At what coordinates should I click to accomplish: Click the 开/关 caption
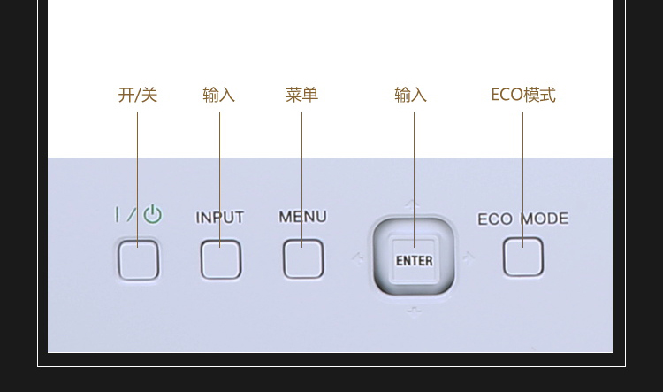pyautogui.click(x=138, y=95)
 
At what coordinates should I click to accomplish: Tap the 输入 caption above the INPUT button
pyautogui.click(x=219, y=95)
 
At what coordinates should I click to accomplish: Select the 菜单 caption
pyautogui.click(x=302, y=95)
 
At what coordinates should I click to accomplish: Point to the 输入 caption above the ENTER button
pyautogui.click(x=410, y=95)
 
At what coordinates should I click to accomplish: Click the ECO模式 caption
pyautogui.click(x=523, y=95)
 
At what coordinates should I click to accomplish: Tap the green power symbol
pyautogui.click(x=153, y=214)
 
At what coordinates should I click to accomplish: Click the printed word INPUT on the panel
pyautogui.click(x=220, y=218)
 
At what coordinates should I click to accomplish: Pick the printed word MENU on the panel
pyautogui.click(x=302, y=217)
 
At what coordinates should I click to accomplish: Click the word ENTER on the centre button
pyautogui.click(x=415, y=261)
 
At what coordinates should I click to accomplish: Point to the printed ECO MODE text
pyautogui.click(x=523, y=219)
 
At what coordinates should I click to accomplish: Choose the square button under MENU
pyautogui.click(x=303, y=258)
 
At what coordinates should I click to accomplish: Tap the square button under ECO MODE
pyautogui.click(x=523, y=257)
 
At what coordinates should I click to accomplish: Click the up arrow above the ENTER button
pyautogui.click(x=412, y=205)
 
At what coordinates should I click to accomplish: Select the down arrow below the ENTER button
pyautogui.click(x=414, y=312)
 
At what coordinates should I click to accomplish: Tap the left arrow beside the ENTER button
pyautogui.click(x=358, y=258)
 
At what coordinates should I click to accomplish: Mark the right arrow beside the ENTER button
pyautogui.click(x=469, y=257)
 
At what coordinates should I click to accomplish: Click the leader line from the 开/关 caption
pyautogui.click(x=137, y=180)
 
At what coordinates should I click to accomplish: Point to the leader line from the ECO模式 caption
pyautogui.click(x=522, y=180)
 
